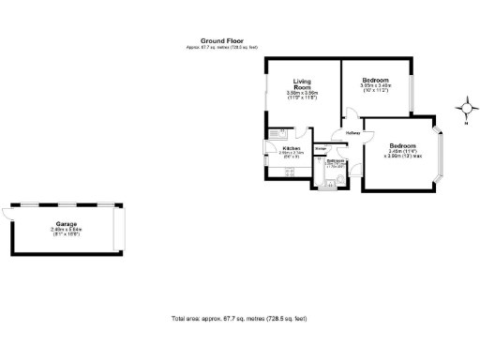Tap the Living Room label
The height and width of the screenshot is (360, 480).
tap(302, 83)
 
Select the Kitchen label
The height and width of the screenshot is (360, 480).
tap(292, 148)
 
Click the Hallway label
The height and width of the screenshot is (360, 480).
tap(352, 133)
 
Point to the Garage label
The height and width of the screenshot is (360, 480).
tap(66, 224)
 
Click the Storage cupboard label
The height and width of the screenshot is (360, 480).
tap(321, 149)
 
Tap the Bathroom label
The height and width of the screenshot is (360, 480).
tap(336, 160)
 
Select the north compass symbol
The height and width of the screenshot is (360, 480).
tap(466, 111)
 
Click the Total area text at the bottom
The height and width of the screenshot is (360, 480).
tap(240, 320)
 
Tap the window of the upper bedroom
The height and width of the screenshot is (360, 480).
tap(413, 86)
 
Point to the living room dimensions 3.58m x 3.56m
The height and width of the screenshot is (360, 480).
tap(302, 94)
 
